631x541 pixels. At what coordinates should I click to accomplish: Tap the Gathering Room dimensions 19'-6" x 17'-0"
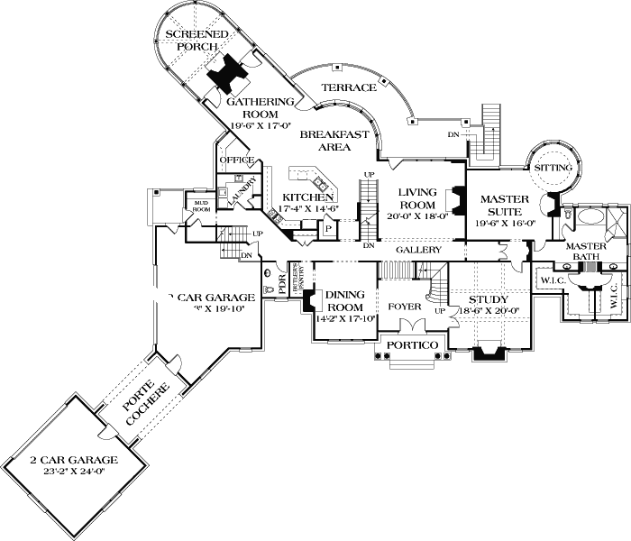[236, 115]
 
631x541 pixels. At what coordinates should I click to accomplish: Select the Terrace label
[349, 87]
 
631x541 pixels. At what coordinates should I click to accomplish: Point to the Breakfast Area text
[334, 140]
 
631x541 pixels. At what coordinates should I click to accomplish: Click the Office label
[236, 160]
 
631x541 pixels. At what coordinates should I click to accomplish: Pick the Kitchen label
[309, 197]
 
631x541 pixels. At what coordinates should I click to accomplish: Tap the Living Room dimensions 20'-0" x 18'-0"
[417, 216]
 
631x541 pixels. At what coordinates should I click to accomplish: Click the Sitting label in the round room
[553, 169]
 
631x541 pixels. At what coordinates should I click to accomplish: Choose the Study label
[488, 300]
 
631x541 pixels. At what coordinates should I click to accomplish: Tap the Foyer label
[405, 307]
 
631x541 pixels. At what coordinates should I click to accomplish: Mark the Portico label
[410, 346]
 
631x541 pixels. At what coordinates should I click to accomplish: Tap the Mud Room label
[197, 207]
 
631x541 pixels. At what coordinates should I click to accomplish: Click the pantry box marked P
[328, 229]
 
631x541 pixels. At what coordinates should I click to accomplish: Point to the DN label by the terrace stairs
[453, 135]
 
